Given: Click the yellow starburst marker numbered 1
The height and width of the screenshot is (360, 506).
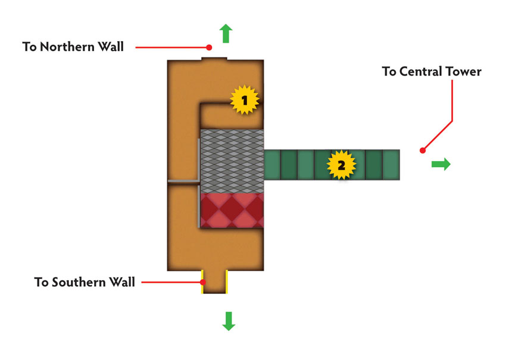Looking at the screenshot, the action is point(244,100).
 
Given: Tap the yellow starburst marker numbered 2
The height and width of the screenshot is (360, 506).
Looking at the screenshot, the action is point(341,165).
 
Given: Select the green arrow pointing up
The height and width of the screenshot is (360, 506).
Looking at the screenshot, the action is point(226,33).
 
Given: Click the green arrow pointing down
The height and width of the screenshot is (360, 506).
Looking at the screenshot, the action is point(229,321).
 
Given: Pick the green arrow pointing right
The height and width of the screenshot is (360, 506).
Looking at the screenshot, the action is point(441,164).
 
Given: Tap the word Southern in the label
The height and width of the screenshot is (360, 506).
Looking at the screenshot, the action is point(79,282).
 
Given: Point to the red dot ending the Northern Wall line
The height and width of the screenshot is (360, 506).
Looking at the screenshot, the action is point(209,48).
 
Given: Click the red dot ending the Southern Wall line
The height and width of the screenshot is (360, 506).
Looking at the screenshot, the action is point(202,282).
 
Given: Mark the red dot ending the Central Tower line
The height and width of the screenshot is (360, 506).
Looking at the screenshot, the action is point(423,151).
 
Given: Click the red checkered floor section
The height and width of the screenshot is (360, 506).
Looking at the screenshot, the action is point(232,210).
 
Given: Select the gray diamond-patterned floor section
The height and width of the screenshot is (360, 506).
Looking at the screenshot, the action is point(232,161).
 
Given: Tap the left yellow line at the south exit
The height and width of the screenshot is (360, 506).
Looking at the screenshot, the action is point(202,281).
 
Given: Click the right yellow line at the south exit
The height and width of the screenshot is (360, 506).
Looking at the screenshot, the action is point(227,281).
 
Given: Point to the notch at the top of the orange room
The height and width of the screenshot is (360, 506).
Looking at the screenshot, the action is point(214,59).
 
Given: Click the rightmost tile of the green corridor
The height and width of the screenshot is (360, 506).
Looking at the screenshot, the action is point(391,165).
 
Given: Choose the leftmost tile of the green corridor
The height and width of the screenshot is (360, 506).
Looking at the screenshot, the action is point(273,165).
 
